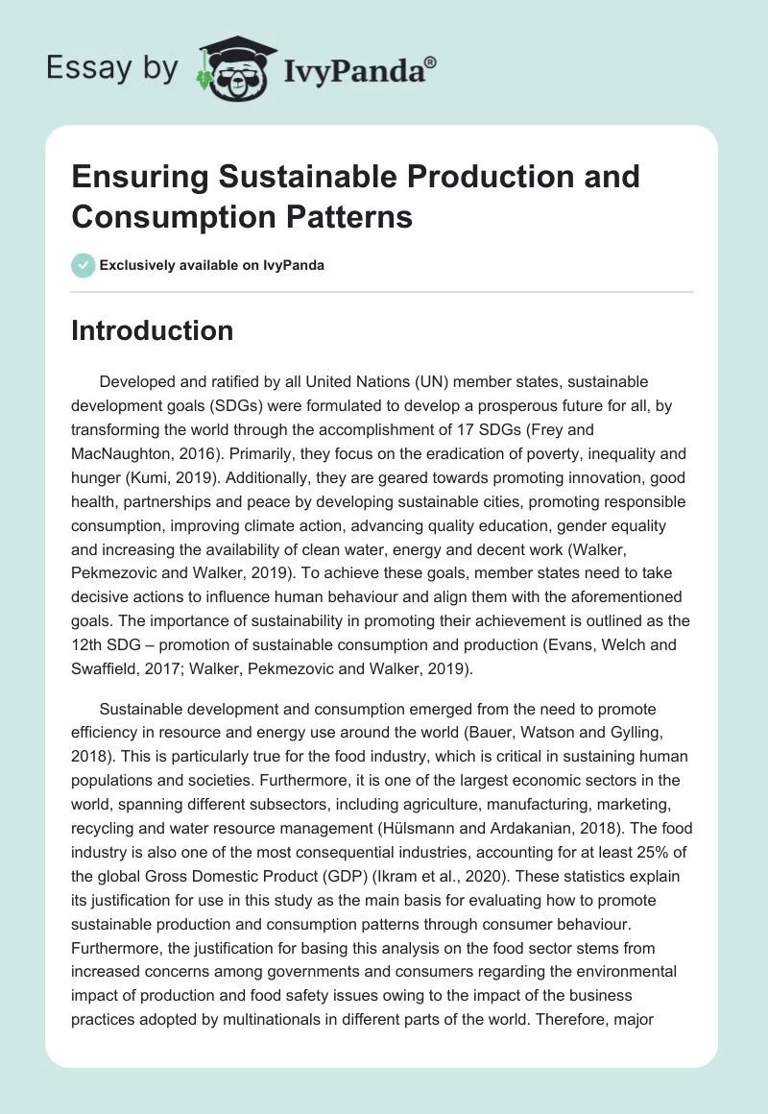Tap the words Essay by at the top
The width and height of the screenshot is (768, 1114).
click(111, 67)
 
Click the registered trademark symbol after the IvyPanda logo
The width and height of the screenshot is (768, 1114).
click(430, 62)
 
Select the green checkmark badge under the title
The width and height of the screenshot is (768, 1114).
click(84, 265)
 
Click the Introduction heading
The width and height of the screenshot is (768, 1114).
click(153, 330)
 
